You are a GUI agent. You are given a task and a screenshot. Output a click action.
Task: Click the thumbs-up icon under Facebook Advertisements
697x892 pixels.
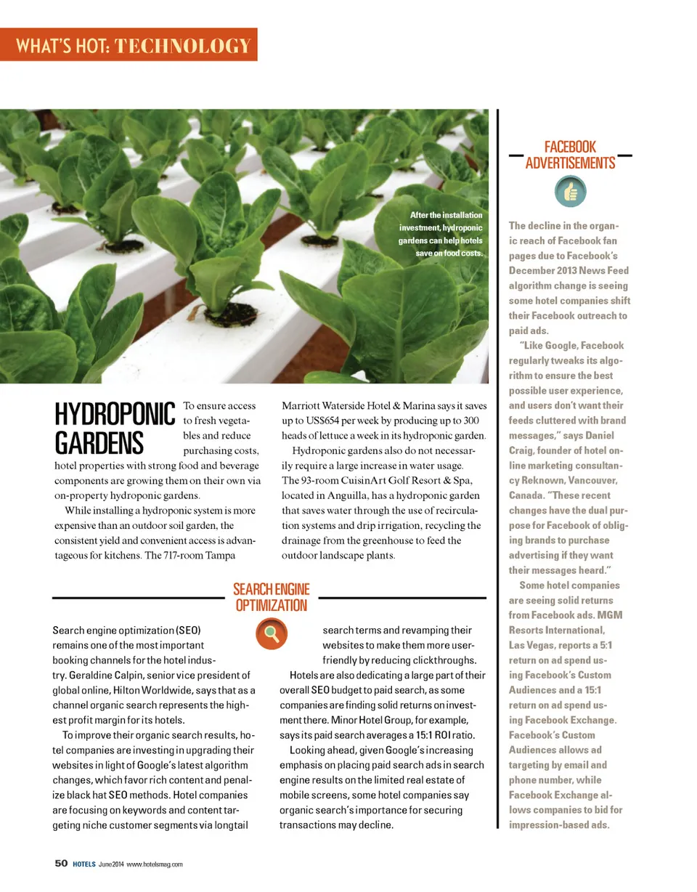[570, 192]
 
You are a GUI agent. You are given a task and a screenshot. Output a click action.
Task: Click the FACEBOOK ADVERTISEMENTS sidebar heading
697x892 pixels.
[570, 155]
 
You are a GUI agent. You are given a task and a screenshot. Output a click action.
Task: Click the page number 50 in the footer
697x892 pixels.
[62, 863]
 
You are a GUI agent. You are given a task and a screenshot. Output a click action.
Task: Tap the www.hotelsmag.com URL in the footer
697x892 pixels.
[154, 864]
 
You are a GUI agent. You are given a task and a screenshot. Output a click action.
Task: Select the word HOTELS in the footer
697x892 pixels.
[84, 864]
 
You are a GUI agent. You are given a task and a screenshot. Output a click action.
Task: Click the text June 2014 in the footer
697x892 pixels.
[111, 864]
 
